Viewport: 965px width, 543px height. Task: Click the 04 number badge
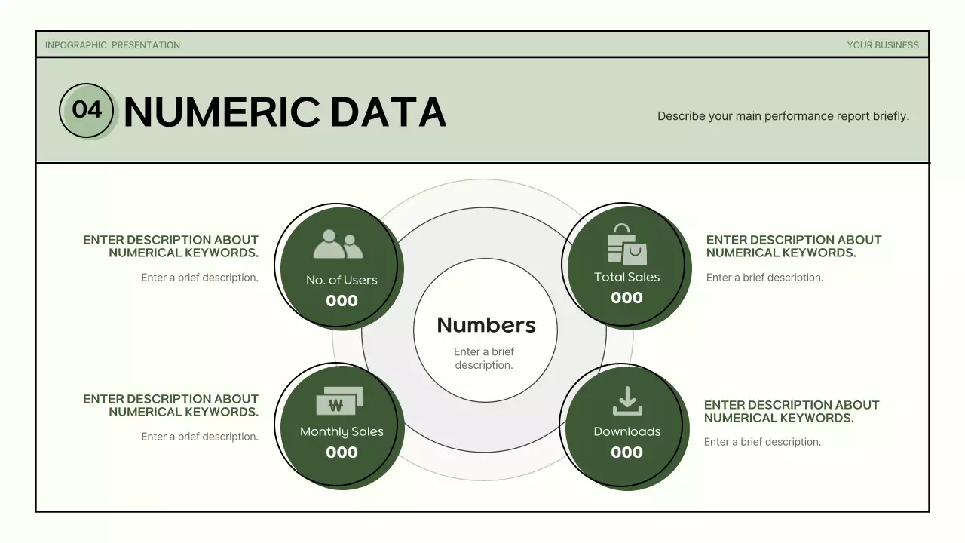[x=87, y=110]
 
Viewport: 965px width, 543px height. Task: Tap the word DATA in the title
[x=388, y=112]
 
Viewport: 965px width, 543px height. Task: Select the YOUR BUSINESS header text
[x=883, y=45]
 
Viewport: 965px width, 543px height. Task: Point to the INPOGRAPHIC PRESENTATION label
[x=112, y=45]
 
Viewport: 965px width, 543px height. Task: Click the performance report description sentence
[x=783, y=116]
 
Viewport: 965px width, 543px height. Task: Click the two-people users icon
[x=338, y=245]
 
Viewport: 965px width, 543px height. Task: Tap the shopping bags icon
[x=626, y=244]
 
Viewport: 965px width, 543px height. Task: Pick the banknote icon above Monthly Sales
[x=339, y=401]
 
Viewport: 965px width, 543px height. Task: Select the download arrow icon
[x=627, y=401]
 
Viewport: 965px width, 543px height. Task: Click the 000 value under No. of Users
[x=342, y=301]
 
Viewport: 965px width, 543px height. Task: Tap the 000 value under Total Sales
[x=626, y=298]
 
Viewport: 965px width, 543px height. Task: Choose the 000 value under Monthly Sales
[x=342, y=452]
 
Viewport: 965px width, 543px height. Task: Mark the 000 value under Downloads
[x=626, y=452]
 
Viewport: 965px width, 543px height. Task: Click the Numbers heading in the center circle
[x=486, y=325]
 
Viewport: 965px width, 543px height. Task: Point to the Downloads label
[x=626, y=431]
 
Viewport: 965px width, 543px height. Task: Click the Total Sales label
[x=626, y=277]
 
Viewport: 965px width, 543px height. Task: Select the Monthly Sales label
[x=342, y=431]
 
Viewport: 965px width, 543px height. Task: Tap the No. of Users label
[x=342, y=280]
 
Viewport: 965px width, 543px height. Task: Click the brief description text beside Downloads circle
[x=762, y=442]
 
